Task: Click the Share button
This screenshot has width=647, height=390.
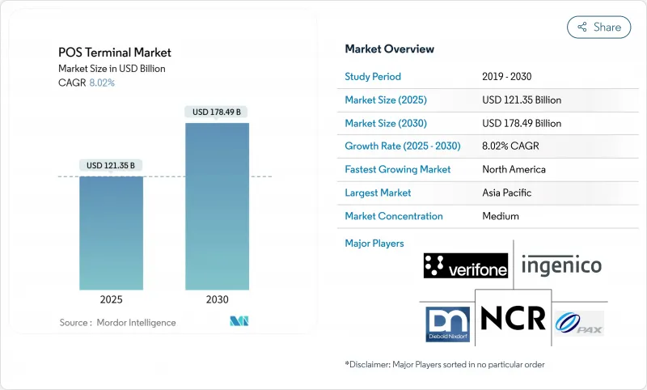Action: [x=599, y=27]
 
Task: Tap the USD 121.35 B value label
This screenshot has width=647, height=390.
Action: [x=111, y=166]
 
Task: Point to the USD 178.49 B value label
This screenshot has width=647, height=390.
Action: [x=217, y=112]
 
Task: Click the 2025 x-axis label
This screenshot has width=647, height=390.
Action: [x=111, y=299]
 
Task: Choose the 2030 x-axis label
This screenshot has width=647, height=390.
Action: [x=217, y=299]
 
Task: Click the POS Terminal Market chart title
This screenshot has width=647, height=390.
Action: [x=115, y=53]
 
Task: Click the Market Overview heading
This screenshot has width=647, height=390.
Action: [x=389, y=49]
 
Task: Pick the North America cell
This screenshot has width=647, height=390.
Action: [x=514, y=170]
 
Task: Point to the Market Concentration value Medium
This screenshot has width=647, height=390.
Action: [x=501, y=216]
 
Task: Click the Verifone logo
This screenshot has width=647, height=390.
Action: [x=465, y=265]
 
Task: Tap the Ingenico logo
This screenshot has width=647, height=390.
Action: [x=561, y=265]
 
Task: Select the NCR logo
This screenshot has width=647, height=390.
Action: [x=513, y=317]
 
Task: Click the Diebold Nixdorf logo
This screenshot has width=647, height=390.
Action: [x=449, y=323]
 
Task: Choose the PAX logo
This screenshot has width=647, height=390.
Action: [x=579, y=323]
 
